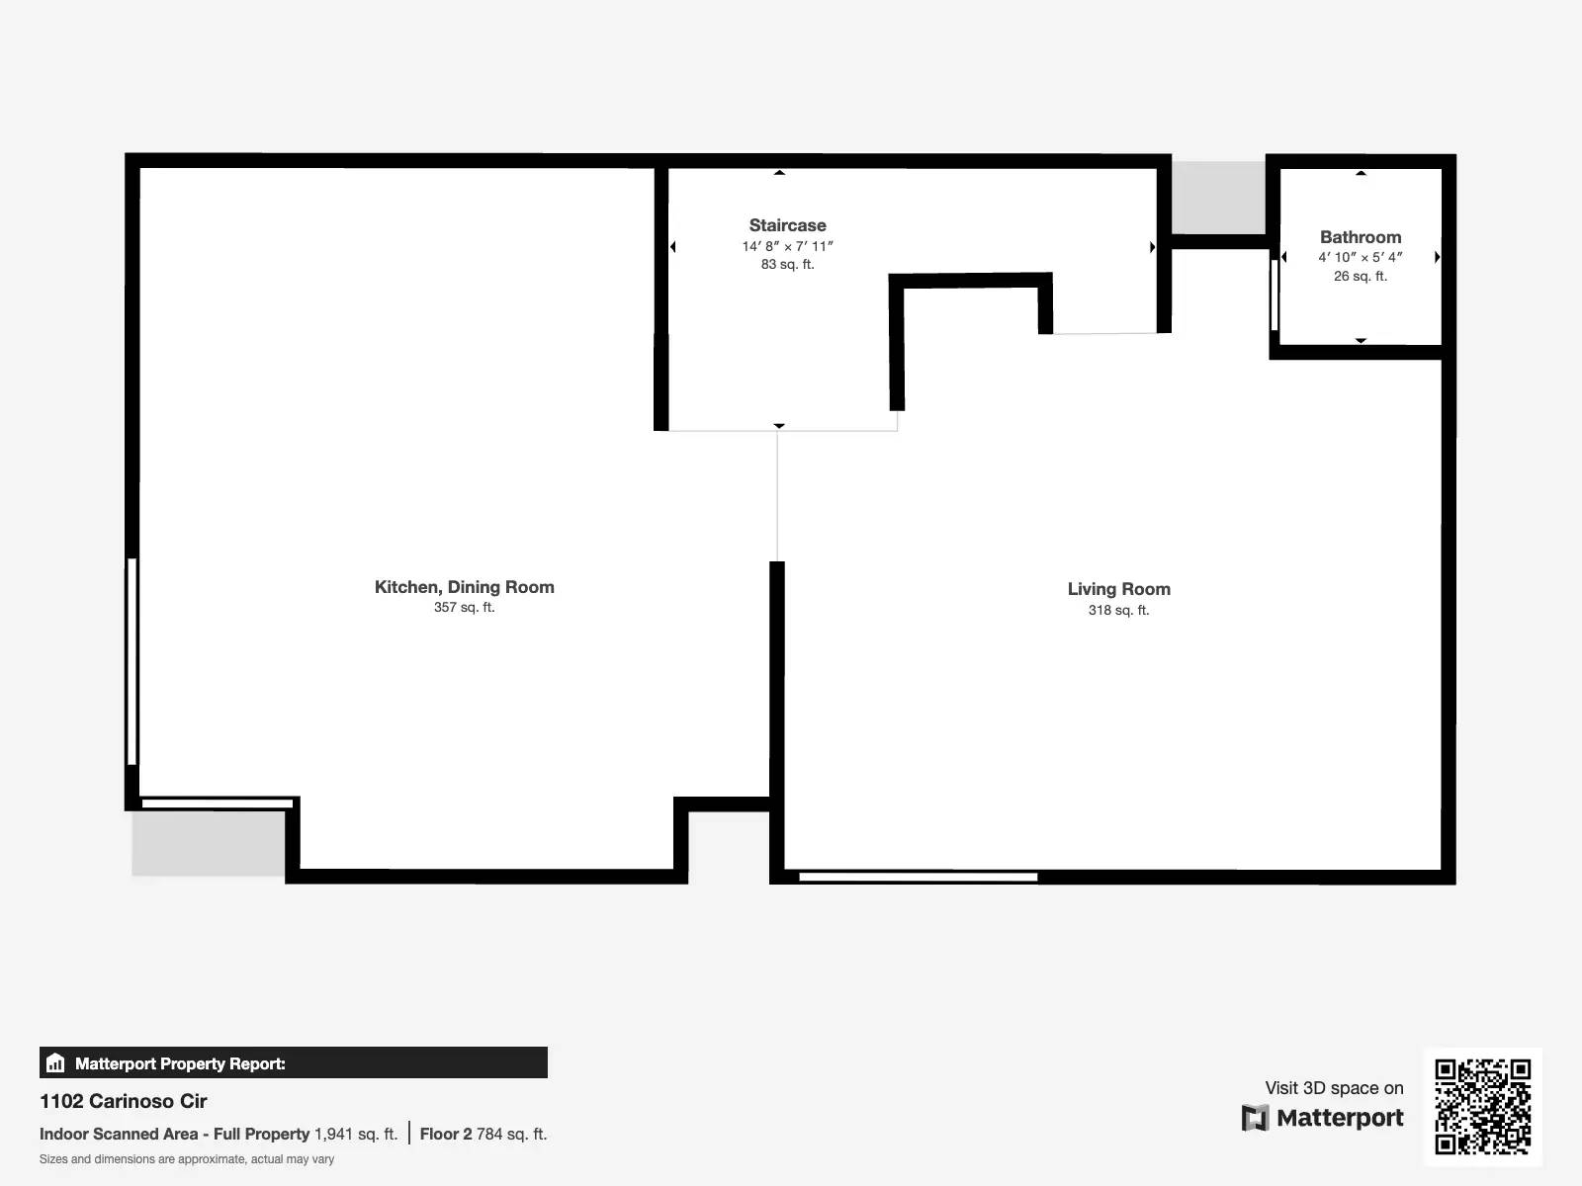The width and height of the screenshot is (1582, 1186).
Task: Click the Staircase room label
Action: point(787,225)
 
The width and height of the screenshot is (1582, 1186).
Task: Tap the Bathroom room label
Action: point(1361,237)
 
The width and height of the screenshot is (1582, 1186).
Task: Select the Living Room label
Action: point(1118,589)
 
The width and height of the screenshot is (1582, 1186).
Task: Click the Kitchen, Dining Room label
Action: point(464,587)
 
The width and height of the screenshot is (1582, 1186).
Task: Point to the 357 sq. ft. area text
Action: point(464,608)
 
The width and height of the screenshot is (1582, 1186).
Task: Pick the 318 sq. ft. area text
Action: point(1118,611)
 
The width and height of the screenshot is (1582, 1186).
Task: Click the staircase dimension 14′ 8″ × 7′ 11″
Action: point(787,246)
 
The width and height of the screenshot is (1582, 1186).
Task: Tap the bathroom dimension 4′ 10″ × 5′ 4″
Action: point(1361,257)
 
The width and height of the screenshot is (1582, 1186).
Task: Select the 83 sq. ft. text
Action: point(787,265)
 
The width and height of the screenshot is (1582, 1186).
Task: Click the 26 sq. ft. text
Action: point(1361,277)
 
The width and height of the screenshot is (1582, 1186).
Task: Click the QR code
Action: point(1482,1106)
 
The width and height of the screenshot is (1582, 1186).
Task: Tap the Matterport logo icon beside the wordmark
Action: point(1255,1118)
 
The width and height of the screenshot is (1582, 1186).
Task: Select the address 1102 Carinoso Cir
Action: point(124,1101)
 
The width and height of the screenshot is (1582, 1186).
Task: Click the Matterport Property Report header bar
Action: point(293,1063)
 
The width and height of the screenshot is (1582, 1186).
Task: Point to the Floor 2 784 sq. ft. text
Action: point(483,1135)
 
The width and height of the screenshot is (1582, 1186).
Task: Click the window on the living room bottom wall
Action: point(918,877)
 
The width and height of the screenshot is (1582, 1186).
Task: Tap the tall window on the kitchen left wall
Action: point(132,661)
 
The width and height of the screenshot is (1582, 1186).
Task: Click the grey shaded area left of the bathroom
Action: point(1218,197)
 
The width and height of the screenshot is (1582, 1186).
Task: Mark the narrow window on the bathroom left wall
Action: point(1274,295)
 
